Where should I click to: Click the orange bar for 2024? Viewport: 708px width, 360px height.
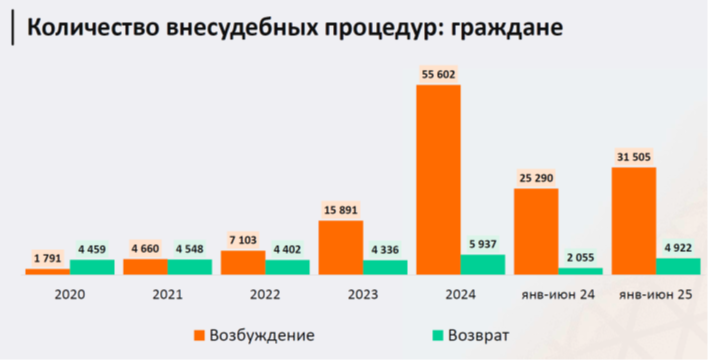[x=438, y=179]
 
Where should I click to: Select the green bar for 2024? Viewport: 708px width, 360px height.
[x=483, y=264]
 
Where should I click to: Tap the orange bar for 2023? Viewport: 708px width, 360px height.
[x=340, y=247]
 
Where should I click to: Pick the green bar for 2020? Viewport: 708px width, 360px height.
[x=92, y=267]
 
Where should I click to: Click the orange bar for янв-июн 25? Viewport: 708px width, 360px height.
[x=634, y=220]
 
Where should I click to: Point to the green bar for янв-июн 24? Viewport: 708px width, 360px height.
[x=581, y=271]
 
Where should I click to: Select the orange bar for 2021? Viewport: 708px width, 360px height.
[x=145, y=267]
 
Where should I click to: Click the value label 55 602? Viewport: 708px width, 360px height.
[x=438, y=74]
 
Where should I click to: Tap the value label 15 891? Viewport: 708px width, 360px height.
[x=340, y=209]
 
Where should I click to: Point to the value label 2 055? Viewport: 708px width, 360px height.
[x=581, y=257]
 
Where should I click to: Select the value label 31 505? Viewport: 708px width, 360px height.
[x=634, y=156]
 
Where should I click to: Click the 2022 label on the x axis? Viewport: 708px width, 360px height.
[x=265, y=295]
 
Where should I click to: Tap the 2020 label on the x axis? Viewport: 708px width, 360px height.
[x=69, y=295]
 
